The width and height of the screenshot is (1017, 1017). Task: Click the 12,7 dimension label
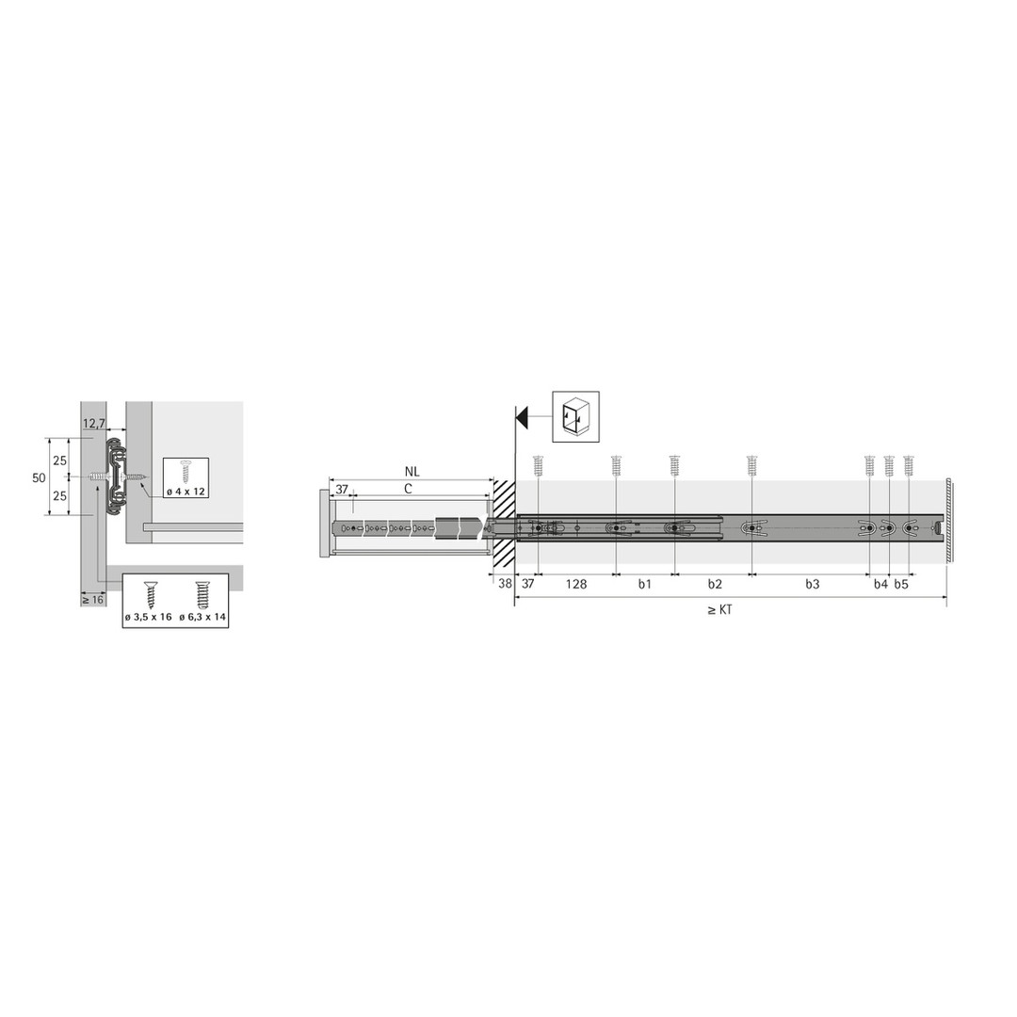[94, 424]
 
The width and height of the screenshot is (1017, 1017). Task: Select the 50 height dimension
[39, 477]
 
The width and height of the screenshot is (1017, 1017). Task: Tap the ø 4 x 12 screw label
[186, 492]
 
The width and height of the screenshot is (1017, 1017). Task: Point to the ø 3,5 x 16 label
[149, 617]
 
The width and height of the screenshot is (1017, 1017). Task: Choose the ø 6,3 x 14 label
[202, 617]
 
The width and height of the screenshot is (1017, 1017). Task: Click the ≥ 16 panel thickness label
[92, 599]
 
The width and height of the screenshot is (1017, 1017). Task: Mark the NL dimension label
[412, 472]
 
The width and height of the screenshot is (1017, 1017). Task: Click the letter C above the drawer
[408, 489]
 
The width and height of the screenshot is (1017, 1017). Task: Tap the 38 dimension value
[506, 583]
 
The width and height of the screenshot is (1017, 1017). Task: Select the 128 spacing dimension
[576, 584]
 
